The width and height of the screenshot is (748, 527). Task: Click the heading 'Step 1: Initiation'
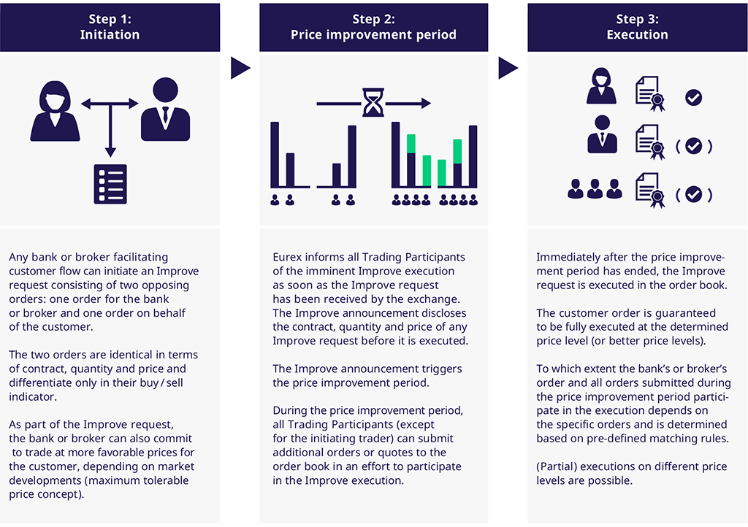click(x=110, y=27)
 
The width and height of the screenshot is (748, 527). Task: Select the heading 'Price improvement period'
click(x=373, y=35)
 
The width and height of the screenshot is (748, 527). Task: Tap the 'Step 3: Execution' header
click(x=637, y=27)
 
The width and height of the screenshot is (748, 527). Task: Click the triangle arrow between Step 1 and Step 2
click(x=240, y=69)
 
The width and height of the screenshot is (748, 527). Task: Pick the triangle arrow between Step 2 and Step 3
click(x=508, y=69)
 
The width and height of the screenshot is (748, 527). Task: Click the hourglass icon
click(x=373, y=103)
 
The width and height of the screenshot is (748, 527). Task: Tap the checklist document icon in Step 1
click(x=110, y=183)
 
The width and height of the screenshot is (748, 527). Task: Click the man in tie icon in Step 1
click(x=165, y=110)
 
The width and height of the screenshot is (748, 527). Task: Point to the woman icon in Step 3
click(x=601, y=86)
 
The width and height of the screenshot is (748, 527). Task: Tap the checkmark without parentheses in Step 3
click(x=693, y=98)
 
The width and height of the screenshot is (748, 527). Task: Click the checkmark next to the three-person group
click(x=693, y=194)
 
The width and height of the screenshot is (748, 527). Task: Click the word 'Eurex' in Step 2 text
click(x=287, y=257)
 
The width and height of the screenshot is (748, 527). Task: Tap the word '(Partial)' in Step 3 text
click(x=559, y=467)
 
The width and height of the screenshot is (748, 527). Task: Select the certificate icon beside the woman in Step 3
click(x=650, y=93)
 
